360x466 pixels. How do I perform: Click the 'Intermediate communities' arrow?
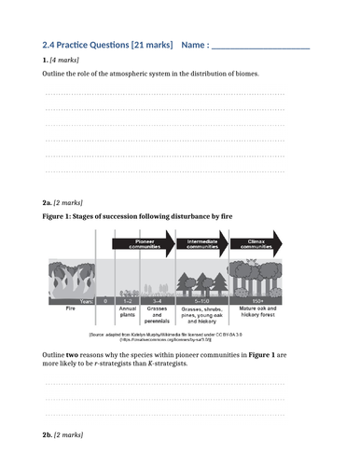[206, 243]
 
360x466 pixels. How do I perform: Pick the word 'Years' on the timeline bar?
[87, 300]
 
